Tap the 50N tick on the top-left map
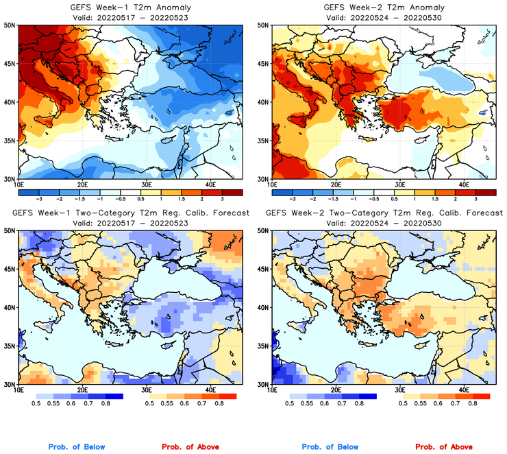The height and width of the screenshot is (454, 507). (x=10, y=25)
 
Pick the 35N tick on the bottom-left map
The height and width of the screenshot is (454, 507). (x=10, y=346)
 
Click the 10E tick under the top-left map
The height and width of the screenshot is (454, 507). (x=19, y=184)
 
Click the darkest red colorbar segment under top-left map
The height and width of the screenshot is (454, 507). (x=232, y=191)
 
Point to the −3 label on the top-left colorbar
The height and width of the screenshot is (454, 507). (x=40, y=198)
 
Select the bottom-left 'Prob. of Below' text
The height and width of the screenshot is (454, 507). (x=76, y=447)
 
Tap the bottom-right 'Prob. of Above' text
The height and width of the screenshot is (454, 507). (x=444, y=447)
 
